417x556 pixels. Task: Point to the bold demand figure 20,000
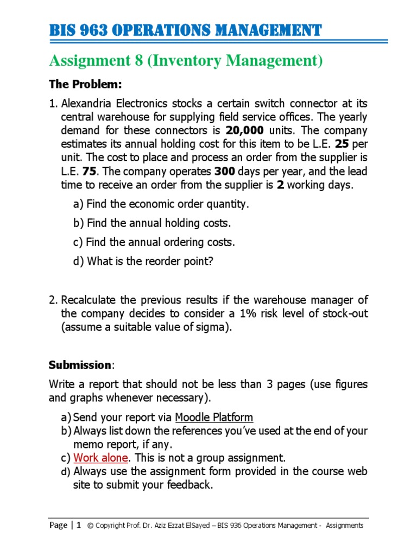click(x=245, y=131)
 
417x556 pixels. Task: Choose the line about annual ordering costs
click(x=154, y=243)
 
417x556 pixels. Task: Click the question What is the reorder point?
click(x=143, y=261)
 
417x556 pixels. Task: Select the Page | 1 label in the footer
click(x=65, y=525)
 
